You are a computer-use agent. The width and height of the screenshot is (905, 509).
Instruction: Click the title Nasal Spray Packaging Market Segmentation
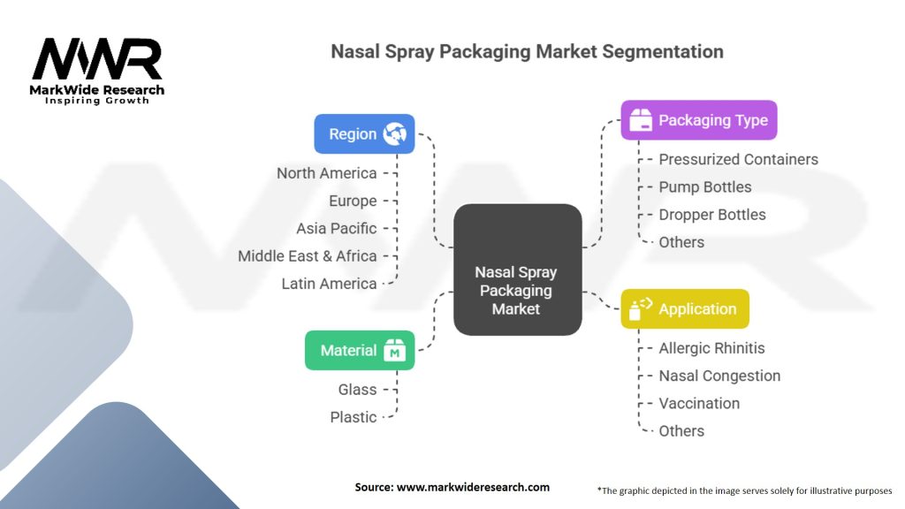click(x=527, y=51)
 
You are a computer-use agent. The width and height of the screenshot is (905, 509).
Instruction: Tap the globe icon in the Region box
click(x=394, y=134)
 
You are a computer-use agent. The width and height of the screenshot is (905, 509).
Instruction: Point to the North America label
click(x=326, y=173)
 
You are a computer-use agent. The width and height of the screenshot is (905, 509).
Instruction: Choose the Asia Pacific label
click(x=336, y=228)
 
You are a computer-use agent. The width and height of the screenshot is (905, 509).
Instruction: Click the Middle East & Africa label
click(x=307, y=256)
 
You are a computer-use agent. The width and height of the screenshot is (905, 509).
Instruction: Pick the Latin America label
click(x=329, y=284)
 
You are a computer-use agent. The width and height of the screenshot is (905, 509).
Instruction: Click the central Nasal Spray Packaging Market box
click(x=517, y=270)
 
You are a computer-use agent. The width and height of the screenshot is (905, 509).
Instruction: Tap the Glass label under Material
click(x=357, y=390)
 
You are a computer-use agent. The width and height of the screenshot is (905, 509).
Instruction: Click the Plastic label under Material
click(x=353, y=417)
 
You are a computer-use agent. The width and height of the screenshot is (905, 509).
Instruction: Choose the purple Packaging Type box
click(x=698, y=120)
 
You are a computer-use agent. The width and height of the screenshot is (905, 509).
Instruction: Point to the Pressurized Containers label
click(x=738, y=160)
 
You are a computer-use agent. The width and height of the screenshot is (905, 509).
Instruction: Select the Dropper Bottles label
click(x=711, y=215)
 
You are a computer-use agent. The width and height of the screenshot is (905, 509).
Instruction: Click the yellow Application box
click(x=684, y=309)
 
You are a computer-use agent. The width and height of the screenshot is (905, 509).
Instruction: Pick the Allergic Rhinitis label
click(x=711, y=348)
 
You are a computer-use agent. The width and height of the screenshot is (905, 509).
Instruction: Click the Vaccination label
click(x=699, y=403)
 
